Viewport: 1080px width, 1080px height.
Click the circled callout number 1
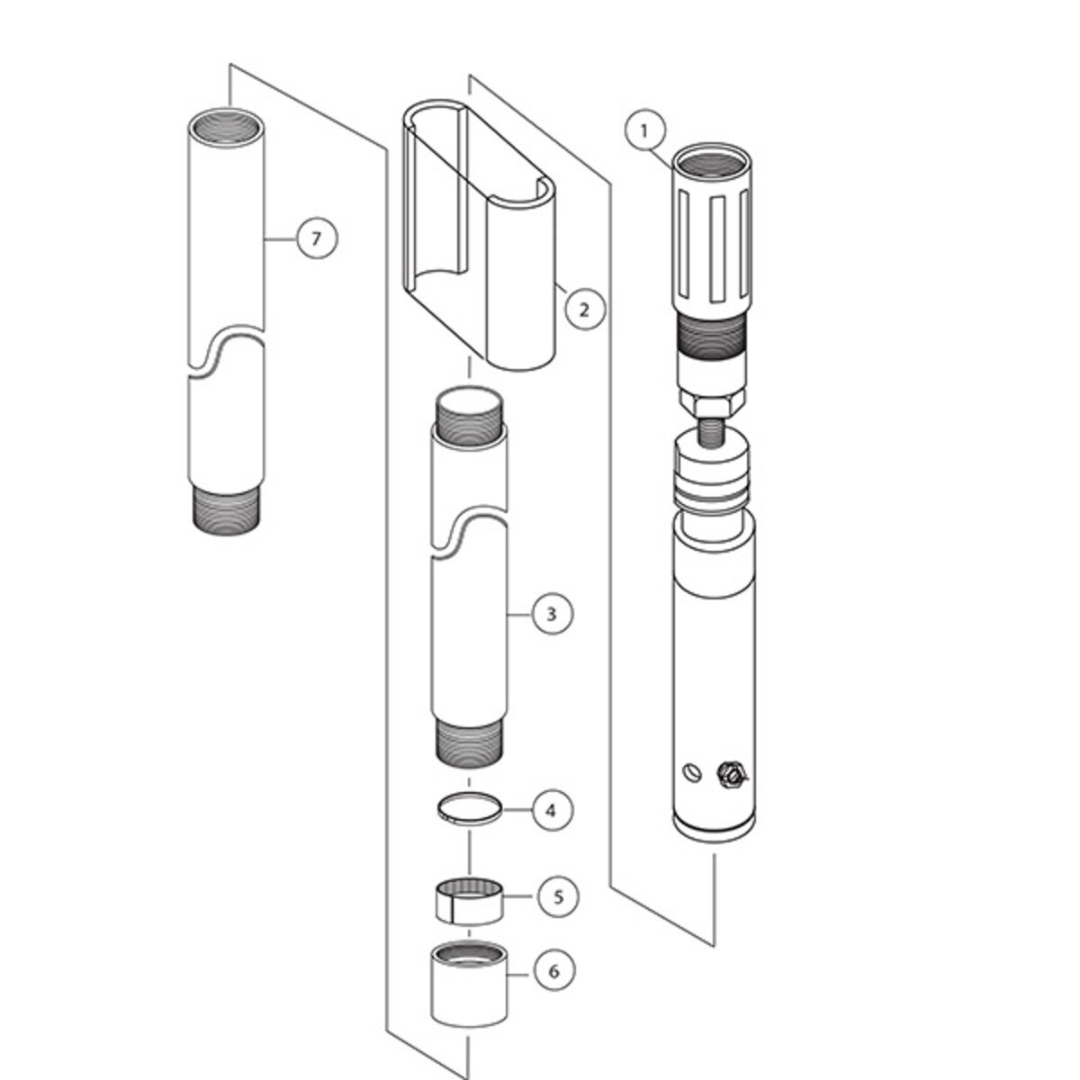coord(645,131)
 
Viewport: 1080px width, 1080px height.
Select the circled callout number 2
coord(585,309)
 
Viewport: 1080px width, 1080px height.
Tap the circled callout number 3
coord(552,614)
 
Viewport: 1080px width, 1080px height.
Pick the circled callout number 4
coord(552,810)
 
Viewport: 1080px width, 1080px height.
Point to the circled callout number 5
coord(559,913)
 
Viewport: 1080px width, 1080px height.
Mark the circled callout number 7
coord(317,238)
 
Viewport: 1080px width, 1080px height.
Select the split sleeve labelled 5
coord(470,909)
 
